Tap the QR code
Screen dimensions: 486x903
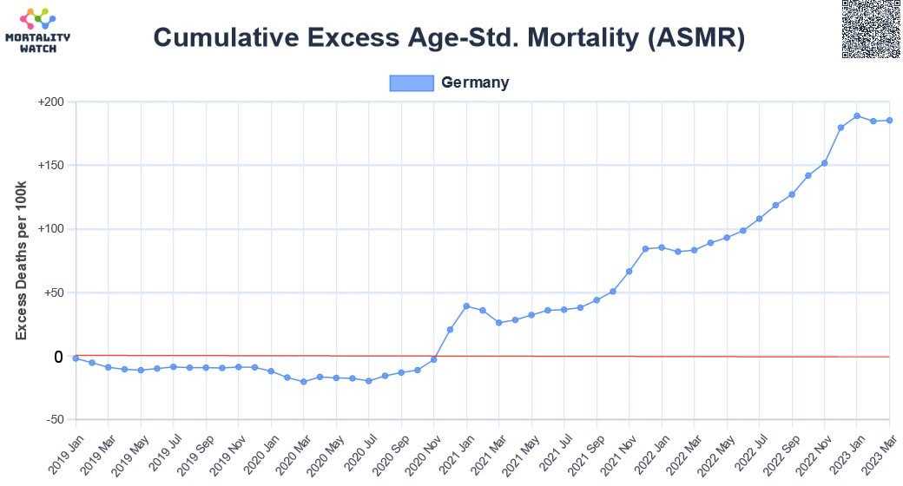point(871,30)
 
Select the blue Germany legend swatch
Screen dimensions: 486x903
point(411,82)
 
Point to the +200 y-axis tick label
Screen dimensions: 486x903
point(51,102)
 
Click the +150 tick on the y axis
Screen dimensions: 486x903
point(51,166)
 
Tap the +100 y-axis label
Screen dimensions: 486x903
point(51,229)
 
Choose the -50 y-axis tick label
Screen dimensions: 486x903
point(54,420)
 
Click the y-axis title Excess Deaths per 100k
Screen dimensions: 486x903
point(22,261)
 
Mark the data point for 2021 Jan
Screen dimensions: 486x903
point(466,306)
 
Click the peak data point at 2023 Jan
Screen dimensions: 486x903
point(857,115)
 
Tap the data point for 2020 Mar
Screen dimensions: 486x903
point(303,382)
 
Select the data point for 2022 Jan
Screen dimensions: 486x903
point(662,247)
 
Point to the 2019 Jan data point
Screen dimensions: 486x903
point(76,358)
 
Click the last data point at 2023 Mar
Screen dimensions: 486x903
point(889,121)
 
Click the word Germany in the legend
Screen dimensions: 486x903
point(475,82)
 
